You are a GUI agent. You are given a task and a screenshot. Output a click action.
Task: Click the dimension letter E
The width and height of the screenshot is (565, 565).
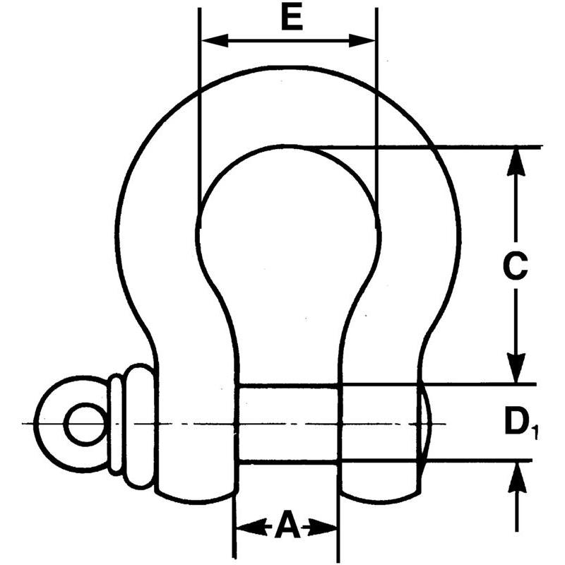tap(290, 19)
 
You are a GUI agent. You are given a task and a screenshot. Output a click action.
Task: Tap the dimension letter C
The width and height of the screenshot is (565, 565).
tap(516, 266)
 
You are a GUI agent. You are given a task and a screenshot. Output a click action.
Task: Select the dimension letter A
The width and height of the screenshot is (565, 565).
tap(287, 525)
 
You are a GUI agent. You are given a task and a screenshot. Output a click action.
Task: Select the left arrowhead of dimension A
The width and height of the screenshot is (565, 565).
tap(244, 526)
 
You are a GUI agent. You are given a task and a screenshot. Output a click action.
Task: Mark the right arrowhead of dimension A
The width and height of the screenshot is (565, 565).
tap(328, 526)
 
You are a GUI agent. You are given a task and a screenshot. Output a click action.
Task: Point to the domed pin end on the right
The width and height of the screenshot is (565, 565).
tap(426, 423)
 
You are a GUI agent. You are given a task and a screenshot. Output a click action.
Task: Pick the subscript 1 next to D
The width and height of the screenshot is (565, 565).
tap(535, 432)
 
